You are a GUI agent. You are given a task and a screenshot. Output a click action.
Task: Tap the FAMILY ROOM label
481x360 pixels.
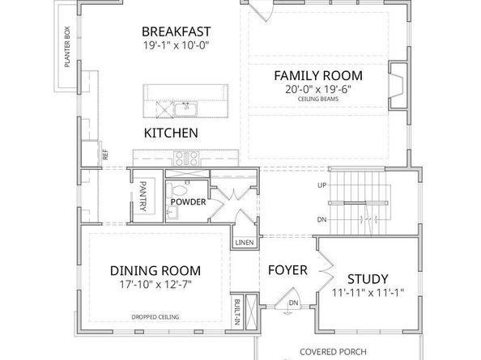tap(317, 76)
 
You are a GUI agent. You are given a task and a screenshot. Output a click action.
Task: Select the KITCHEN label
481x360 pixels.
tap(171, 133)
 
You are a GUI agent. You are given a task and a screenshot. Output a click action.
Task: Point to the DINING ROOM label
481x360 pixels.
tap(155, 271)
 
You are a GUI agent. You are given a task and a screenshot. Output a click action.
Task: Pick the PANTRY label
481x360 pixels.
tap(143, 197)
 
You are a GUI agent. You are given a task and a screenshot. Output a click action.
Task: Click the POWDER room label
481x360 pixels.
tap(189, 201)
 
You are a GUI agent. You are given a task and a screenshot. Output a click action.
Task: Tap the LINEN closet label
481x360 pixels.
tap(244, 243)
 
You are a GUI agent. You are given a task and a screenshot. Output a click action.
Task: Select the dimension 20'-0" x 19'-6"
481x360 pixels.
tap(317, 91)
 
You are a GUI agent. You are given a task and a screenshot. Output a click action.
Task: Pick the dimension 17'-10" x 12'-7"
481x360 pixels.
tap(155, 286)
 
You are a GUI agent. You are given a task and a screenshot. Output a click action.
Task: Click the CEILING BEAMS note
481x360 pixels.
tap(317, 102)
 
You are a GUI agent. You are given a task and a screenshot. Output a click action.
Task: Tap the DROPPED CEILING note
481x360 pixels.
tap(155, 317)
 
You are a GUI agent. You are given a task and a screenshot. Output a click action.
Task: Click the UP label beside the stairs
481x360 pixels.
tap(321, 185)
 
